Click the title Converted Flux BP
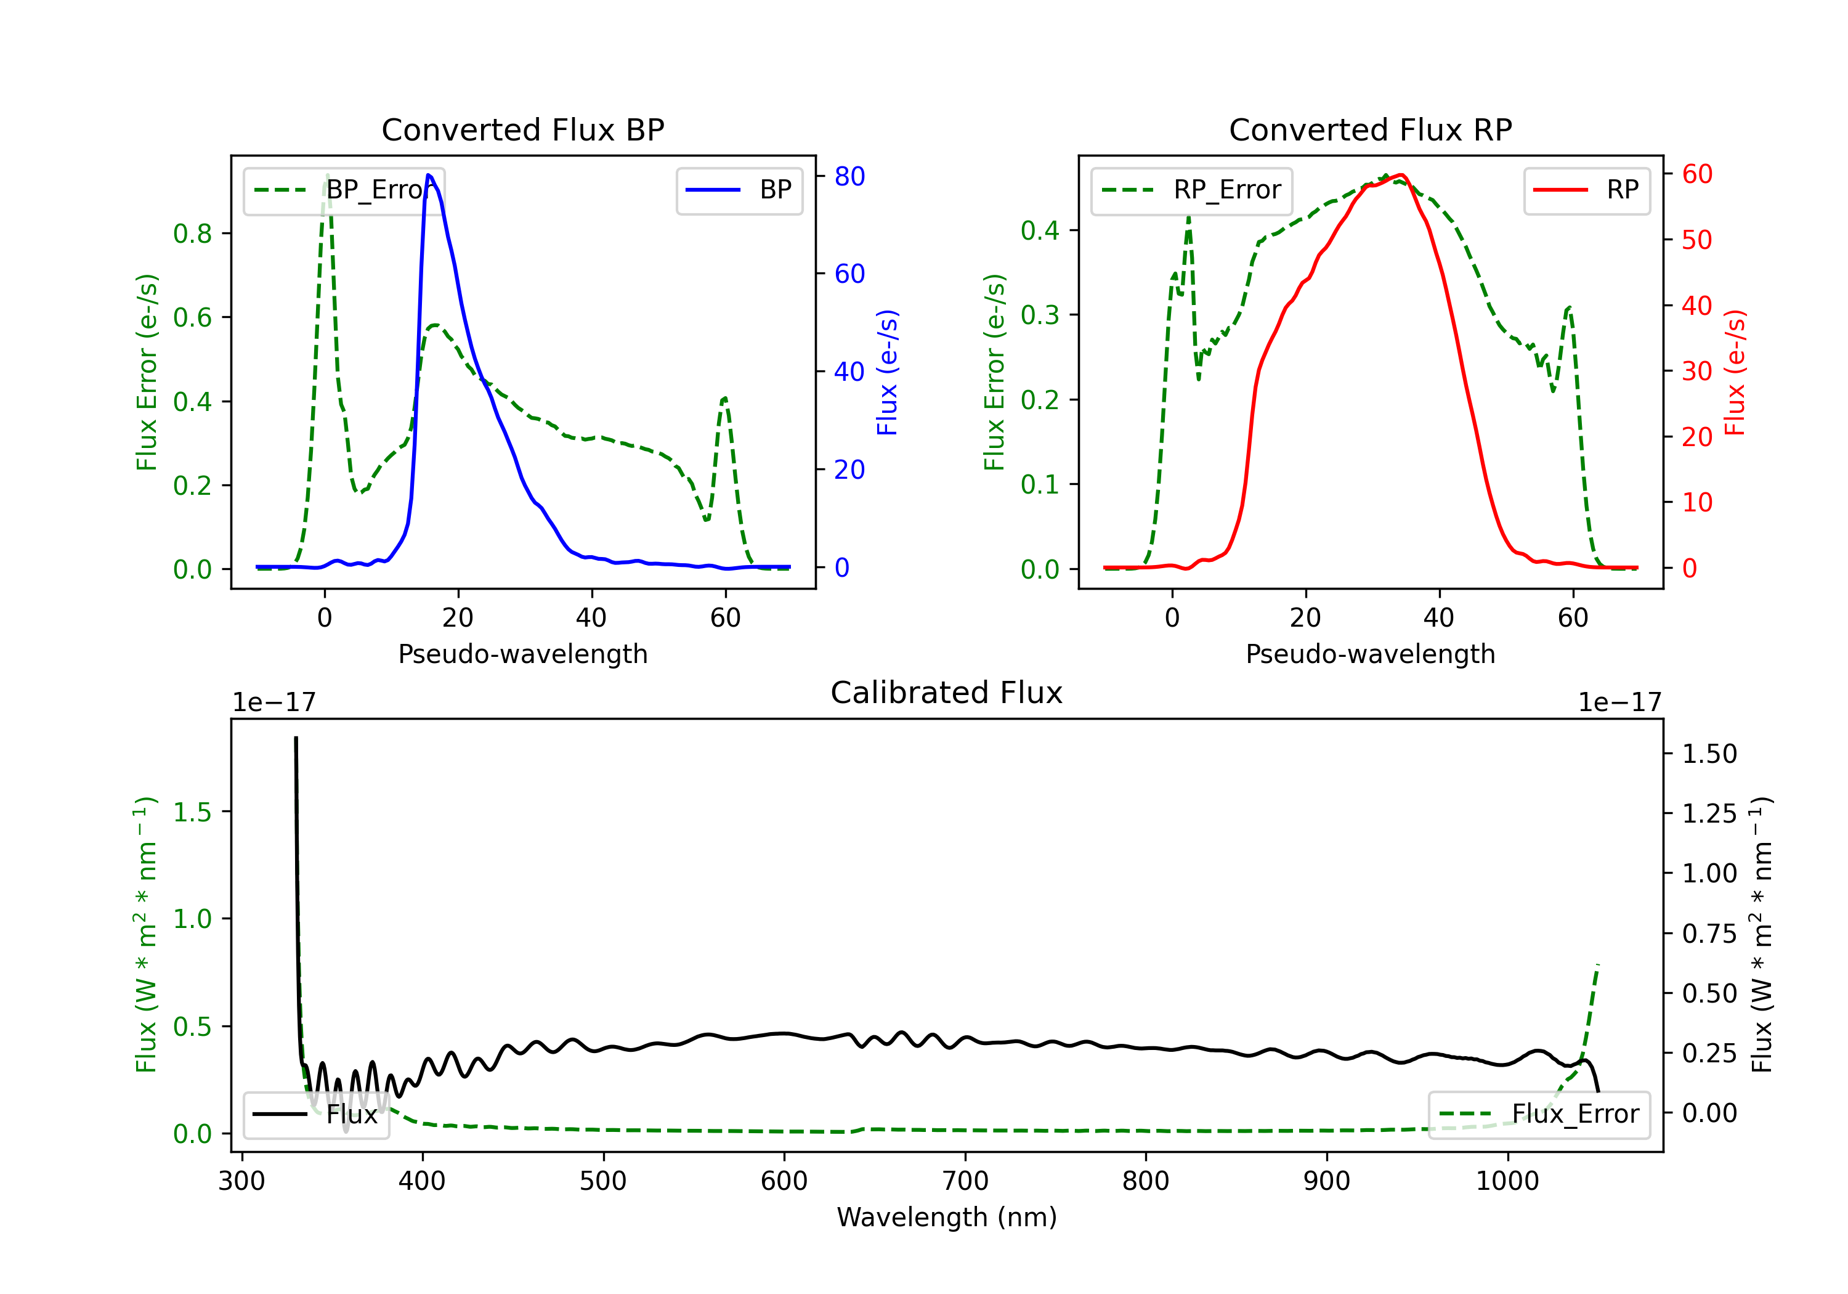click(522, 129)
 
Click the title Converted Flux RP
click(1370, 129)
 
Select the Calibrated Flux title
click(947, 693)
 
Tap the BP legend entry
click(739, 190)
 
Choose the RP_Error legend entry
click(1191, 190)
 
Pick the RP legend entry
click(1586, 190)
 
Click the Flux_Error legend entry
click(1539, 1115)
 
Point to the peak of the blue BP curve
click(428, 175)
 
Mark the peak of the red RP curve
click(1401, 175)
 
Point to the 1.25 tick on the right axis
click(1709, 813)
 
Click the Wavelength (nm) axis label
click(947, 1217)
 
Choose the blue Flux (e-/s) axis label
click(887, 372)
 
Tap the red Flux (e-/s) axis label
click(1735, 372)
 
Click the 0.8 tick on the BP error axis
click(192, 234)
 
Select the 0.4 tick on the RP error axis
click(1040, 230)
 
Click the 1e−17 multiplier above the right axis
click(1619, 702)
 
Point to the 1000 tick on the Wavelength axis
click(1507, 1181)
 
